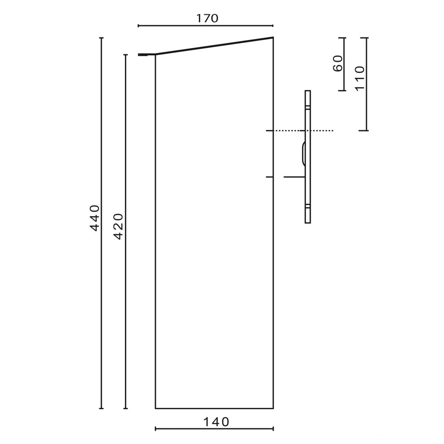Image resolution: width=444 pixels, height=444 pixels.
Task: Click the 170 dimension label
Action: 208,18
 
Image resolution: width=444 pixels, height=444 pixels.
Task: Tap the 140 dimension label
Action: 216,422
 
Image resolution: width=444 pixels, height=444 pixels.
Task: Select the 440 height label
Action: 95,218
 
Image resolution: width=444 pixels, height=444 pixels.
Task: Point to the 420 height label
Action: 118,226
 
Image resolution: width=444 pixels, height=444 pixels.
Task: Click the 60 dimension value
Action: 338,64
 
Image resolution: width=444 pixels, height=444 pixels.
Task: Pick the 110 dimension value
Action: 360,78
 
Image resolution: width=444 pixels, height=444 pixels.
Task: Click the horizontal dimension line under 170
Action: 205,26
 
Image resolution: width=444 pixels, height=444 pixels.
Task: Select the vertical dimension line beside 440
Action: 102,223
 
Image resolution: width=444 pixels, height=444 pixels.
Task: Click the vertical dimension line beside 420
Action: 126,232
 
